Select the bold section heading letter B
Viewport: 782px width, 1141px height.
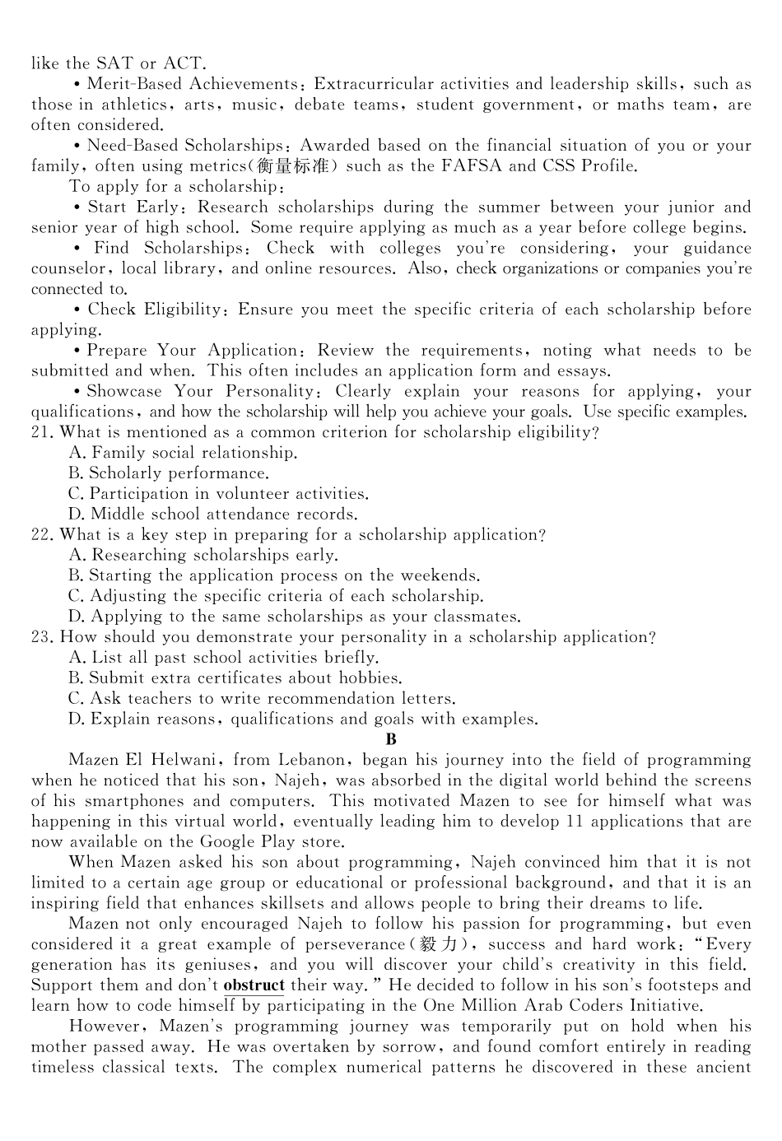[x=391, y=739]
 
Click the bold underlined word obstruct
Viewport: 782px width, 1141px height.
[x=254, y=985]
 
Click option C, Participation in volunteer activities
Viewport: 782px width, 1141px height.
[x=218, y=494]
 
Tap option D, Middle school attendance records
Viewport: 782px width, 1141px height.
[x=213, y=515]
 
